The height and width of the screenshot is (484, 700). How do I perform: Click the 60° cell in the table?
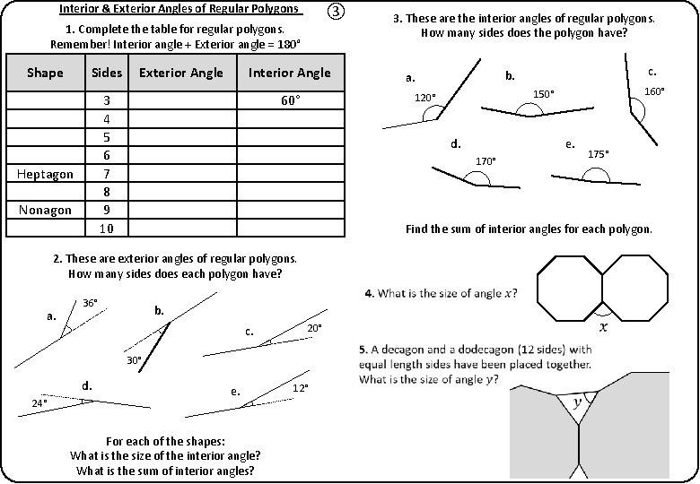[x=290, y=100]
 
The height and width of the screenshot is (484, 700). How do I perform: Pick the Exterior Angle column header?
[x=181, y=73]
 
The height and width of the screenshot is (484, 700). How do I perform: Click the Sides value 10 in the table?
[x=107, y=229]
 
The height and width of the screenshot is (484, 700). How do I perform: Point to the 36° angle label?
[x=91, y=303]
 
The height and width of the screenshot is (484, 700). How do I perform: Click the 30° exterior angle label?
[x=134, y=360]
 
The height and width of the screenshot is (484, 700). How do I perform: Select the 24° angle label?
[x=39, y=403]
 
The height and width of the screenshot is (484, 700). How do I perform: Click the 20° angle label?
[x=315, y=329]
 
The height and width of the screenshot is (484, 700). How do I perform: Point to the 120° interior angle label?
[x=424, y=97]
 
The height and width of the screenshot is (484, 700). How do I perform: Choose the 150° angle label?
[x=545, y=94]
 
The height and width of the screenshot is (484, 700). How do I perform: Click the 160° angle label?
[x=656, y=91]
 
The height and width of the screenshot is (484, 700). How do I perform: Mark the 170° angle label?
[x=486, y=161]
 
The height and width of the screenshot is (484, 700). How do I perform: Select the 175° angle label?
[x=599, y=154]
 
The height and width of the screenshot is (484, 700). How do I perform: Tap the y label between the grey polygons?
[x=579, y=403]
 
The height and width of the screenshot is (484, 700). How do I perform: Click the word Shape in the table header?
[x=45, y=73]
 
